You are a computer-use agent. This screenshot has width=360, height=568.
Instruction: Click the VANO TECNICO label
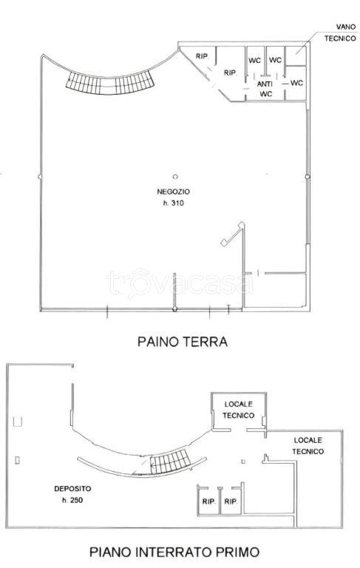click(x=340, y=33)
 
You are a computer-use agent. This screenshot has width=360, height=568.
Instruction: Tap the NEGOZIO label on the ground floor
click(x=173, y=192)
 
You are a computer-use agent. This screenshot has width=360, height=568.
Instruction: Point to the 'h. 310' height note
click(x=173, y=203)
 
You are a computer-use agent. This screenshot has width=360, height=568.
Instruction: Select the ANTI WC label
click(x=265, y=89)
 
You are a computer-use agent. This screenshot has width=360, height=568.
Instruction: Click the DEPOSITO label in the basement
click(x=72, y=489)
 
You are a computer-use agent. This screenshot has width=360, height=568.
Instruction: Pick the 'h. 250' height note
click(x=72, y=500)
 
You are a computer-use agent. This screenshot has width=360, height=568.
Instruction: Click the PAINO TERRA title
click(x=182, y=342)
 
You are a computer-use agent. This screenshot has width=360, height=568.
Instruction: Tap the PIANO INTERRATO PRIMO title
click(x=174, y=552)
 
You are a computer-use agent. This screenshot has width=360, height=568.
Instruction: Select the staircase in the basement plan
click(x=170, y=461)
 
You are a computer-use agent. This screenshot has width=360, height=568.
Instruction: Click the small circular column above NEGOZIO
click(x=175, y=177)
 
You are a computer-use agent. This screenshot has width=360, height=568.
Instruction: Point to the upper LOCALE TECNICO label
click(x=238, y=410)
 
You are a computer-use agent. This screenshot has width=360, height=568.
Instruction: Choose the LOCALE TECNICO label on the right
click(x=308, y=446)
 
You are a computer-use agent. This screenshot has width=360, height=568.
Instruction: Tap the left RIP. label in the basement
click(x=209, y=501)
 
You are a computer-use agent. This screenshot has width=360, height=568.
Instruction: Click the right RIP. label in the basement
click(x=231, y=501)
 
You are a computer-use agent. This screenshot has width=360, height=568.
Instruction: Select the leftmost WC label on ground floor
click(x=254, y=60)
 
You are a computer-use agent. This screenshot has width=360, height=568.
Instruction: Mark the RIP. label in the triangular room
click(x=202, y=56)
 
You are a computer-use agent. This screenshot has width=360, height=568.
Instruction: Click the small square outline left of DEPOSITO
click(x=18, y=422)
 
